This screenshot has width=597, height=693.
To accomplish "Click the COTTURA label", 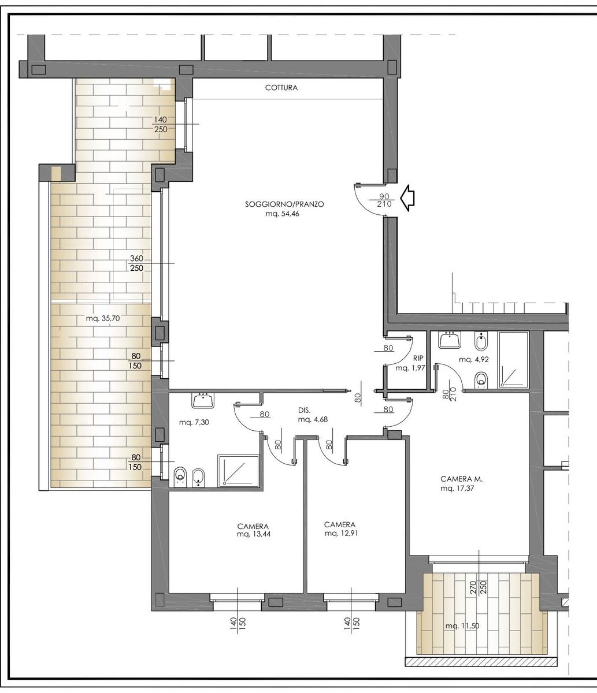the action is [281, 88].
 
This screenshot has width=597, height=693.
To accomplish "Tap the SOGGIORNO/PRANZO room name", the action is [284, 204].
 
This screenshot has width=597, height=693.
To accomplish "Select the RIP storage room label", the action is [418, 358].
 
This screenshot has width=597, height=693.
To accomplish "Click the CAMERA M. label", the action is [461, 479].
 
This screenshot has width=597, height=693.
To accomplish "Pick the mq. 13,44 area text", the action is [253, 534].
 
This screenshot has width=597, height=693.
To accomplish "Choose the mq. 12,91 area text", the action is [341, 533].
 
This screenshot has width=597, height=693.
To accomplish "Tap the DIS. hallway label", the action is [305, 410].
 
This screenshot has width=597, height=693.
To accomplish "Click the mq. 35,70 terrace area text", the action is [103, 319].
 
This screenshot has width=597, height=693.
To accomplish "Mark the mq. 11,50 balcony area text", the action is [462, 626].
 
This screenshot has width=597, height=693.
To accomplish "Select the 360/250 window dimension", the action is [136, 263].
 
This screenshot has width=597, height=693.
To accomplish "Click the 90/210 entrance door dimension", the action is [384, 200].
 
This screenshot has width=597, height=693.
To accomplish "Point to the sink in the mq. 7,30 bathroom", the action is [203, 400].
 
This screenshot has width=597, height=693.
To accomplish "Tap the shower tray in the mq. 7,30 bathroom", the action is [238, 471].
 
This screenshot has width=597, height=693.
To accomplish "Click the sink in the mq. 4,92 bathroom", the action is [450, 340].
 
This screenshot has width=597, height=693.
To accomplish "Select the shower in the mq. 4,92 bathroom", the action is [513, 360].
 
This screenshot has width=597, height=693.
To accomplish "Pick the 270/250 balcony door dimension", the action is [478, 587].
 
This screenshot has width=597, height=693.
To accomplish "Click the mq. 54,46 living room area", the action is [282, 214].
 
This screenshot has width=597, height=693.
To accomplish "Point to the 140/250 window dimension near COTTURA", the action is [161, 124].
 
